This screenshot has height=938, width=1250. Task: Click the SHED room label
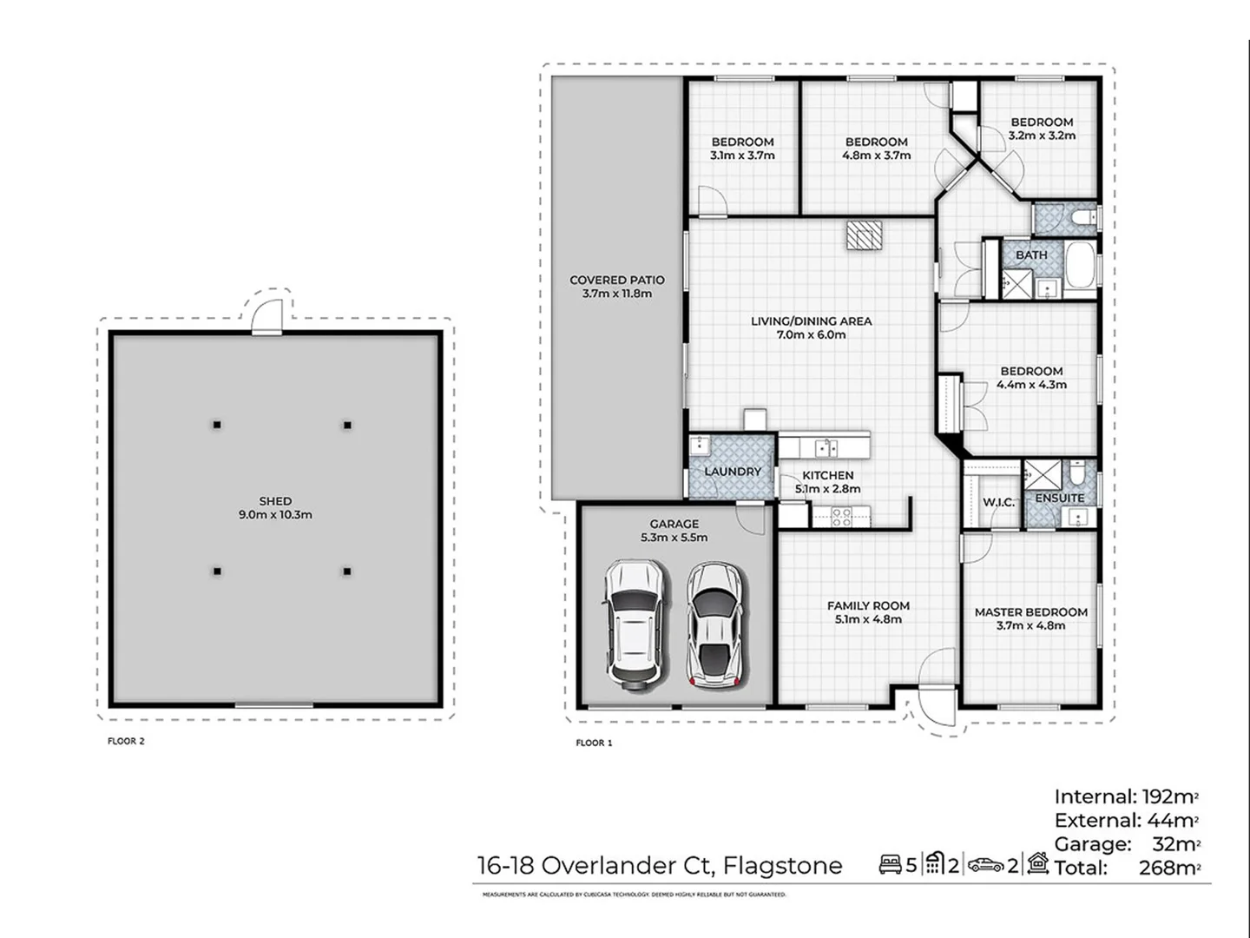275,501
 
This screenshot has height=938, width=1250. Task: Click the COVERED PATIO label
616,281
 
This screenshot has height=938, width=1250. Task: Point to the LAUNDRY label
732,472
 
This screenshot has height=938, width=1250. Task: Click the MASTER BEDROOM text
1030,612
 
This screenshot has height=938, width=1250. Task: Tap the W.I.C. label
998,502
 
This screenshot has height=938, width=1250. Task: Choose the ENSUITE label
1059,499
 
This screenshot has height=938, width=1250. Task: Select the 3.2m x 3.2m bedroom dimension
1042,135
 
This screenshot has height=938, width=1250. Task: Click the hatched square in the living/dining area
865,235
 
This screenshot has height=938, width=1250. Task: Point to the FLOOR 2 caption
126,742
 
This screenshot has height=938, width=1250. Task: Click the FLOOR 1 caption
594,743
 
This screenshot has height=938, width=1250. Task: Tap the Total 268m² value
1168,868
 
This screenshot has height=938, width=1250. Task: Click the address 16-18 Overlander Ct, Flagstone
660,866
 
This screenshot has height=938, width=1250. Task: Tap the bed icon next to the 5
890,865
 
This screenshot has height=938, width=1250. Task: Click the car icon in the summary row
985,865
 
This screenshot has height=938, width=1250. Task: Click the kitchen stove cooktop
841,518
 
